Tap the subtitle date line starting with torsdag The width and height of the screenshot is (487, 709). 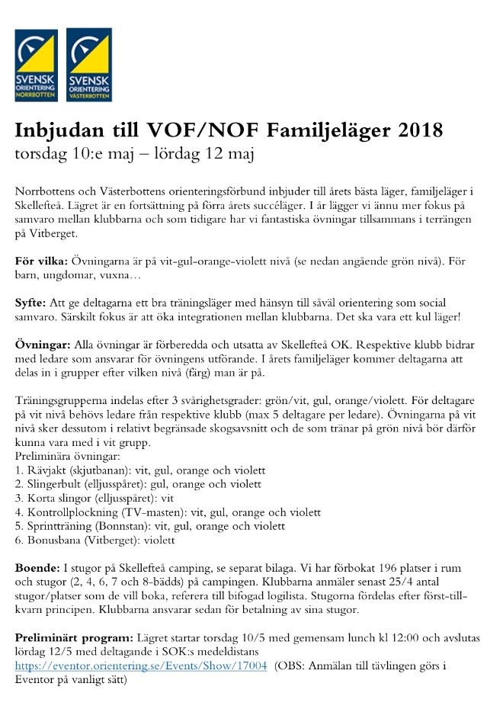coord(134,153)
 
